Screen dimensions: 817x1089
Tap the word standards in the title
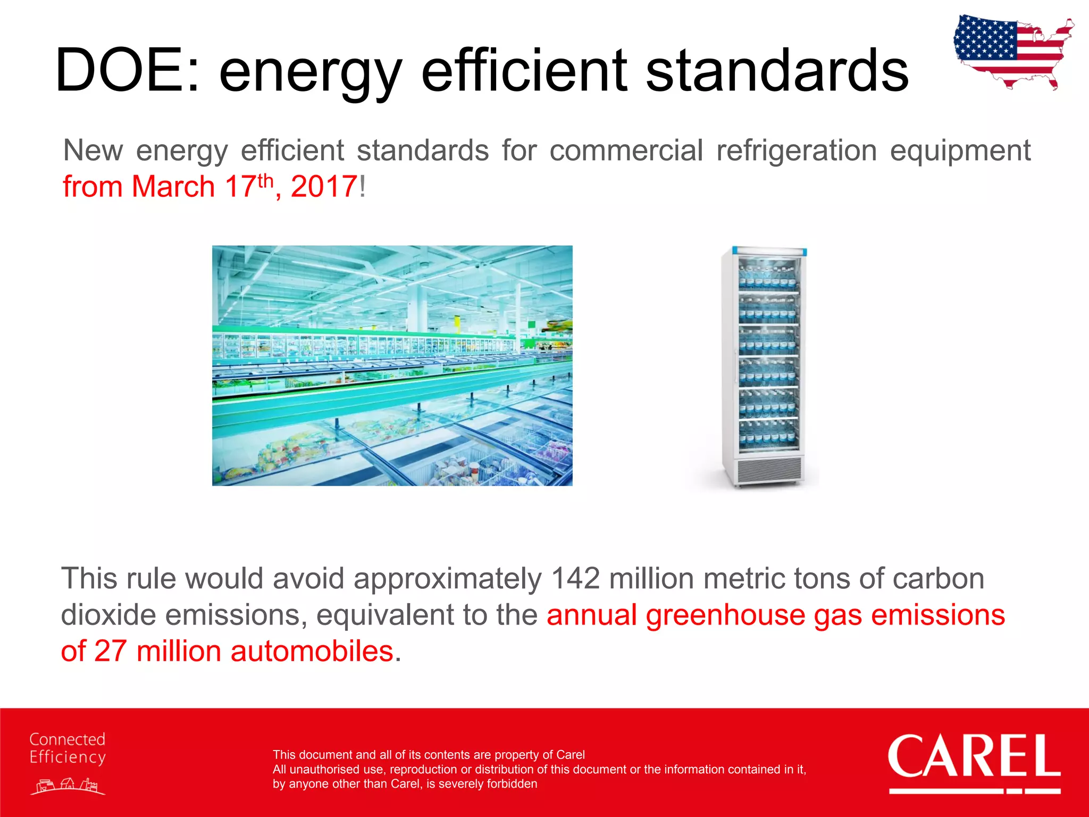[x=776, y=71]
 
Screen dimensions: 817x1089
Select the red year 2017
[x=324, y=187]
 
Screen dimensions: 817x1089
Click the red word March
[x=173, y=187]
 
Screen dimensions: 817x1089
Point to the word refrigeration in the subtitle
[x=796, y=151]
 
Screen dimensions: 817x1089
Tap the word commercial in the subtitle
[x=626, y=151]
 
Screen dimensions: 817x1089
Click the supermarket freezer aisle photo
[x=392, y=365]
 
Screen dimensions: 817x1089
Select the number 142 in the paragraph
[x=575, y=578]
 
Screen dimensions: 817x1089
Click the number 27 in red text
[x=110, y=651]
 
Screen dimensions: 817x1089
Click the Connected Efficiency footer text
[x=68, y=748]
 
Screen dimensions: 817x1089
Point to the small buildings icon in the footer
[x=68, y=786]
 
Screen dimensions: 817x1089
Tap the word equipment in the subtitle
[x=960, y=151]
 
